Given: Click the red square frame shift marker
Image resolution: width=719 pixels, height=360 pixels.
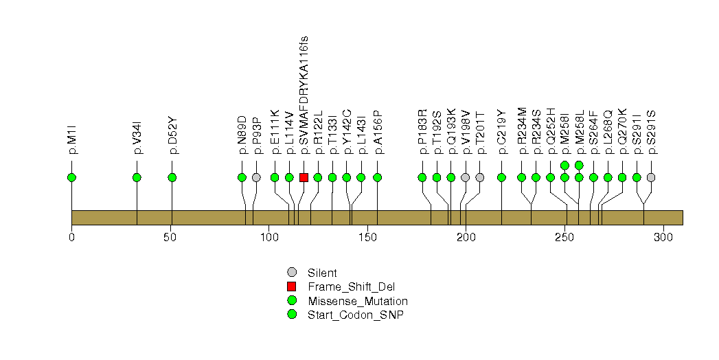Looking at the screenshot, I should point(304,177).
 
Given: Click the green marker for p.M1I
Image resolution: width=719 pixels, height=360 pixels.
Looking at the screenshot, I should point(71,177).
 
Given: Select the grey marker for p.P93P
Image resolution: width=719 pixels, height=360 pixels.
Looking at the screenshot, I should point(256,177).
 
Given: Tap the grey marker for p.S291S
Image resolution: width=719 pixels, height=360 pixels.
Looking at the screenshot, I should point(651,177).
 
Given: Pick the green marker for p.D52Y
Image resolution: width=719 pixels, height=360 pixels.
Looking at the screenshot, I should point(172,177).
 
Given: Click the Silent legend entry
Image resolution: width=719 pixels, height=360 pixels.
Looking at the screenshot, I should point(322,273).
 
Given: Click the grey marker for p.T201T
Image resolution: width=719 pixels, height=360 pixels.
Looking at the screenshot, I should point(480,177).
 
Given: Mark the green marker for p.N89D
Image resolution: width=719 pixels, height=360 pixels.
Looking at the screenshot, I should point(242,177).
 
